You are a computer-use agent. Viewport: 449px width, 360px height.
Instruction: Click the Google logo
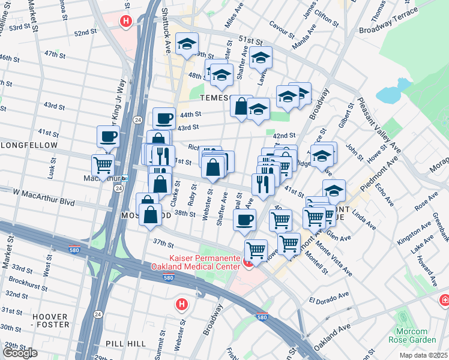(x=20, y=353)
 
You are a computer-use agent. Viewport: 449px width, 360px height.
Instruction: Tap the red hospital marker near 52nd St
(x=125, y=22)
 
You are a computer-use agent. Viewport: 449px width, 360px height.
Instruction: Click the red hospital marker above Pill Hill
(x=181, y=304)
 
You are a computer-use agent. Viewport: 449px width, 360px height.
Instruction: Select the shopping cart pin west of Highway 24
(x=103, y=164)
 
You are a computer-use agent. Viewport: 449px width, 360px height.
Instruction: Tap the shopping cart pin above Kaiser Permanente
(x=256, y=249)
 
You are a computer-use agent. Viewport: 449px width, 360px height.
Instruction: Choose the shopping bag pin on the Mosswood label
(x=150, y=214)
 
